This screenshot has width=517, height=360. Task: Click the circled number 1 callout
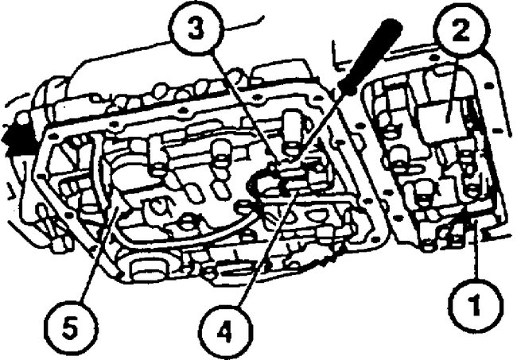pyautogui.click(x=474, y=302)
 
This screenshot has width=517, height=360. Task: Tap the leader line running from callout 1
pyautogui.click(x=475, y=254)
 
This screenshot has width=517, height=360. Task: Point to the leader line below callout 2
pyautogui.click(x=454, y=87)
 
